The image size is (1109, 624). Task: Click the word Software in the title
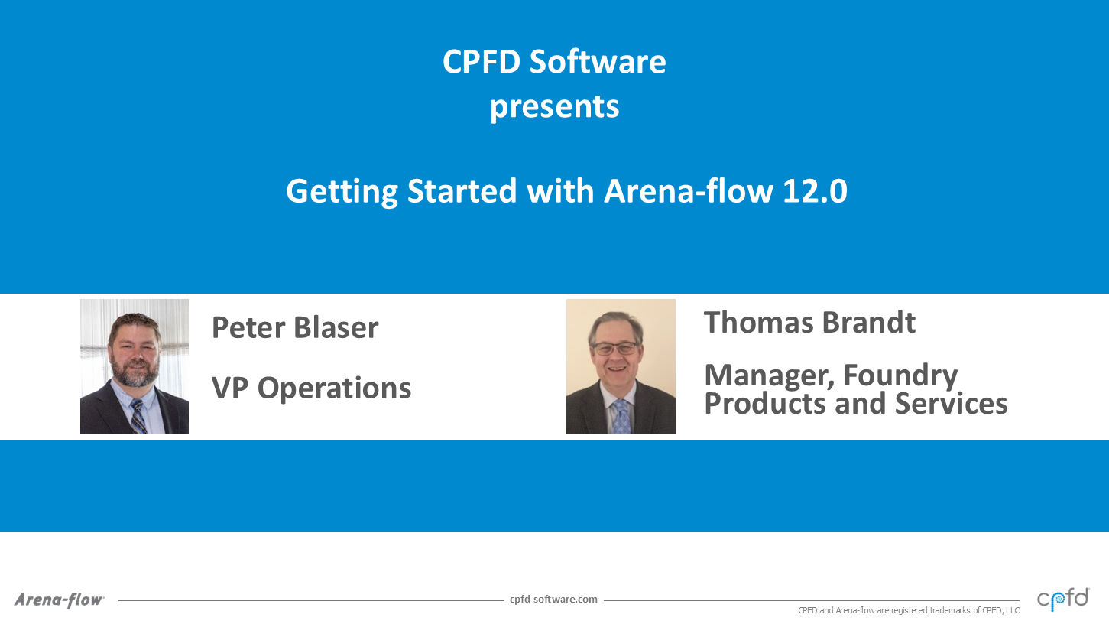598,62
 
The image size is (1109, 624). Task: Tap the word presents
555,107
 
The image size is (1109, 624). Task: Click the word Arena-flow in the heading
689,190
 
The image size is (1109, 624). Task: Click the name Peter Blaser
295,327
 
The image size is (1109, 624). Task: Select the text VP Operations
311,388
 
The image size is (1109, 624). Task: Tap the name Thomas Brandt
810,323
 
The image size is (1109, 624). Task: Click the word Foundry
900,376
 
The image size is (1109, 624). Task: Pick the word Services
951,403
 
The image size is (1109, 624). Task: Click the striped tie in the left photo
138,417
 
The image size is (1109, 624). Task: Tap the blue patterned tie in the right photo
621,417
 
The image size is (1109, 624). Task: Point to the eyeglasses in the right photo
615,348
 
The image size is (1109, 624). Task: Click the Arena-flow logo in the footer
59,600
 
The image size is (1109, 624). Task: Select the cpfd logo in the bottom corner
1063,600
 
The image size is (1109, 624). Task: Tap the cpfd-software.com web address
553,600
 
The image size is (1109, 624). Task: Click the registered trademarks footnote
909,611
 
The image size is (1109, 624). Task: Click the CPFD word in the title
482,62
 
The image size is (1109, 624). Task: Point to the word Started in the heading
462,191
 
